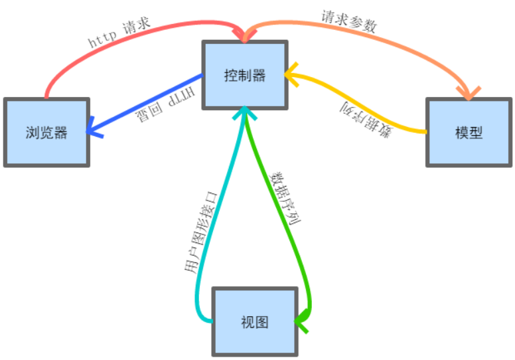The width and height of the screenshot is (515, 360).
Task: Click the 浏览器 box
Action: click(46, 132)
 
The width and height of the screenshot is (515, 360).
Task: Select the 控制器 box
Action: click(245, 75)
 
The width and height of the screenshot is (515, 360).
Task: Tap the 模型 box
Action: click(469, 132)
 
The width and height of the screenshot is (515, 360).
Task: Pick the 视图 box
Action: click(254, 321)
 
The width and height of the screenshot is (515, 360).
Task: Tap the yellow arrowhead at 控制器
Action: click(291, 74)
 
